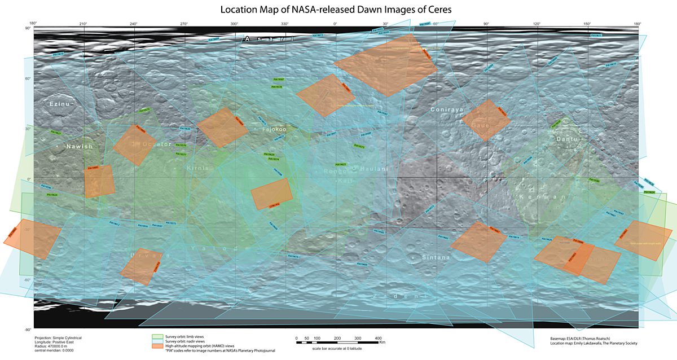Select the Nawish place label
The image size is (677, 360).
78,146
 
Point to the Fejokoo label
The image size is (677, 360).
274,129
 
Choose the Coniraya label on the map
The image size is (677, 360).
447,109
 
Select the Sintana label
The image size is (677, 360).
436,257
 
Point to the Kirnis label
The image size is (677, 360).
198,168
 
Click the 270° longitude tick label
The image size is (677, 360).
184,24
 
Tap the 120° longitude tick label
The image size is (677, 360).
537,24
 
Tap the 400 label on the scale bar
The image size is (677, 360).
378,338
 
